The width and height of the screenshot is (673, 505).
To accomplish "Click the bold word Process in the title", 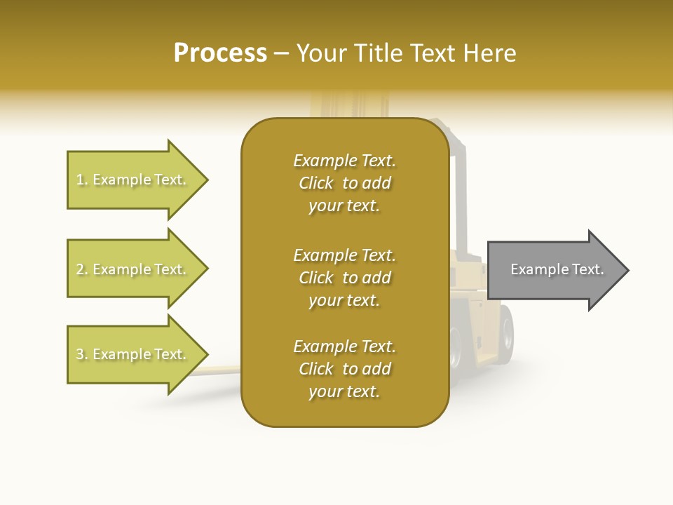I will point(220,53).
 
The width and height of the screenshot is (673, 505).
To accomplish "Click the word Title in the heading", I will point(379,53).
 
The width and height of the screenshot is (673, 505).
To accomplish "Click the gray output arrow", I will point(554,270).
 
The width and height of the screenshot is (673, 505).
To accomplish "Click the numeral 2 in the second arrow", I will point(80,269).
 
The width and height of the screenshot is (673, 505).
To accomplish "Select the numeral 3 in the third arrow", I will point(80,354).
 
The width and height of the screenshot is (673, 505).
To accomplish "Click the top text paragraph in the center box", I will point(344,183).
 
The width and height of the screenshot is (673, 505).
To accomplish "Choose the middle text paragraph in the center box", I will point(344,278).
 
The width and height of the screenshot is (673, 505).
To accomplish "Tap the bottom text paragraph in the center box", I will point(344,369).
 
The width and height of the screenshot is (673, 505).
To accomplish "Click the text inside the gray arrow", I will point(557,269).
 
